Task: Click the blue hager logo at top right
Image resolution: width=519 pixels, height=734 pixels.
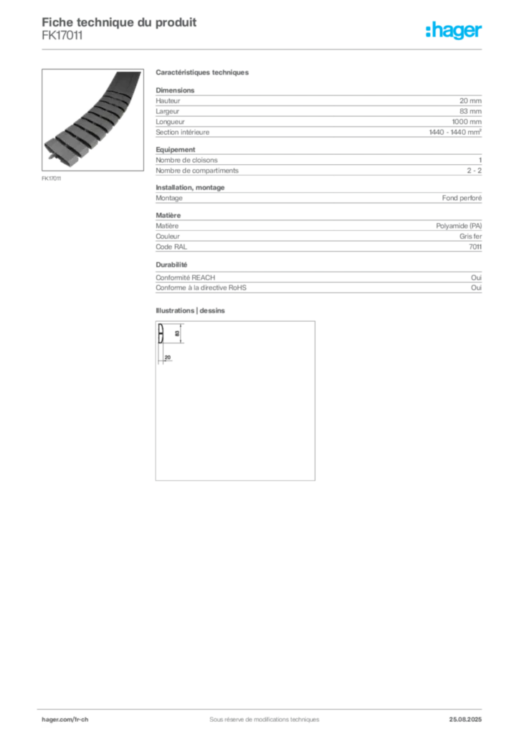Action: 454,31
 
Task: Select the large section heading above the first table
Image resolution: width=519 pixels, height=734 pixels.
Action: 203,74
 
